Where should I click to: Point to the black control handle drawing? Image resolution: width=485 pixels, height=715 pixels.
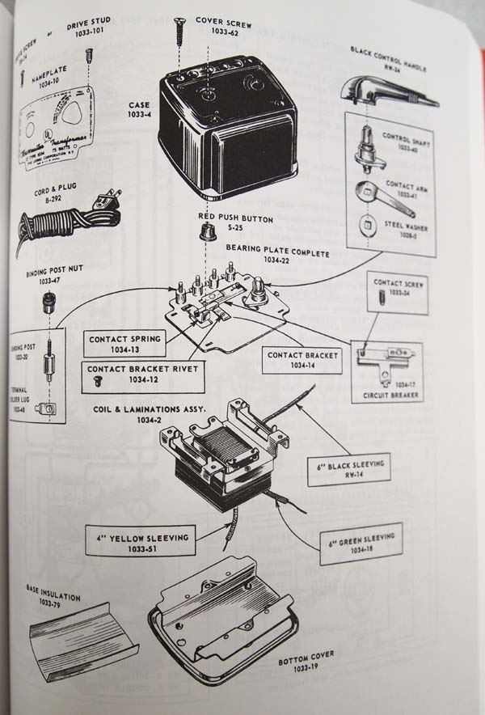point(388,91)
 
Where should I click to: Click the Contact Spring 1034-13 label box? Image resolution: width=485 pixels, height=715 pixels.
point(124,344)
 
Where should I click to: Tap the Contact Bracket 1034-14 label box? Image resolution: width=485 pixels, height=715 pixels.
point(303,360)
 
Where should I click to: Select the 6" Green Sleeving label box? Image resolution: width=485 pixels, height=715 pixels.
point(361,542)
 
